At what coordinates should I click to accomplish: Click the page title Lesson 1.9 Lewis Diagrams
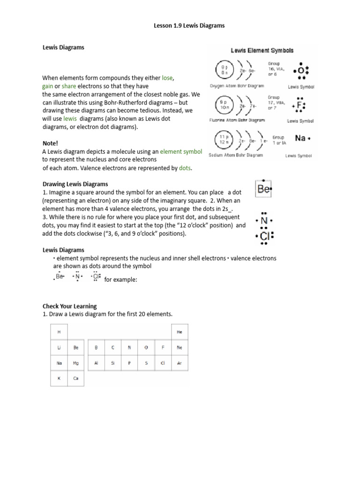tap(189, 26)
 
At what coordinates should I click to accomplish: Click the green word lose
tap(167, 78)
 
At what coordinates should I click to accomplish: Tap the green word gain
tap(48, 86)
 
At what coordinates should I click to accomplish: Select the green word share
tap(68, 86)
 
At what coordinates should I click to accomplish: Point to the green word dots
tap(185, 168)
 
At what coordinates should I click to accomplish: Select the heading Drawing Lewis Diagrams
tap(75, 184)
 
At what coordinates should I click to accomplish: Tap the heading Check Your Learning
tap(69, 306)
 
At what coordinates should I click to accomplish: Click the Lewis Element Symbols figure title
tap(262, 51)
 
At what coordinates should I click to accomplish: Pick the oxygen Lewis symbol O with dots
tap(300, 71)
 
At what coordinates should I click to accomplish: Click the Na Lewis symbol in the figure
tap(301, 138)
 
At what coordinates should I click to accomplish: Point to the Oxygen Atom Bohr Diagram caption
tap(236, 86)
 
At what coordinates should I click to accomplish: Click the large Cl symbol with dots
tap(264, 236)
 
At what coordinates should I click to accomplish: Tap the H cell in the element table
tap(60, 332)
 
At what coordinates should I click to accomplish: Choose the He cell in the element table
tap(179, 332)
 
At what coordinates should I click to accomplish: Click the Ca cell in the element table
tap(76, 378)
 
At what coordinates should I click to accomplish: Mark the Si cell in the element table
tap(112, 363)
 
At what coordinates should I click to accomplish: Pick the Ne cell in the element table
tap(179, 347)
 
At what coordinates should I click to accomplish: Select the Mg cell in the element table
tap(76, 363)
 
